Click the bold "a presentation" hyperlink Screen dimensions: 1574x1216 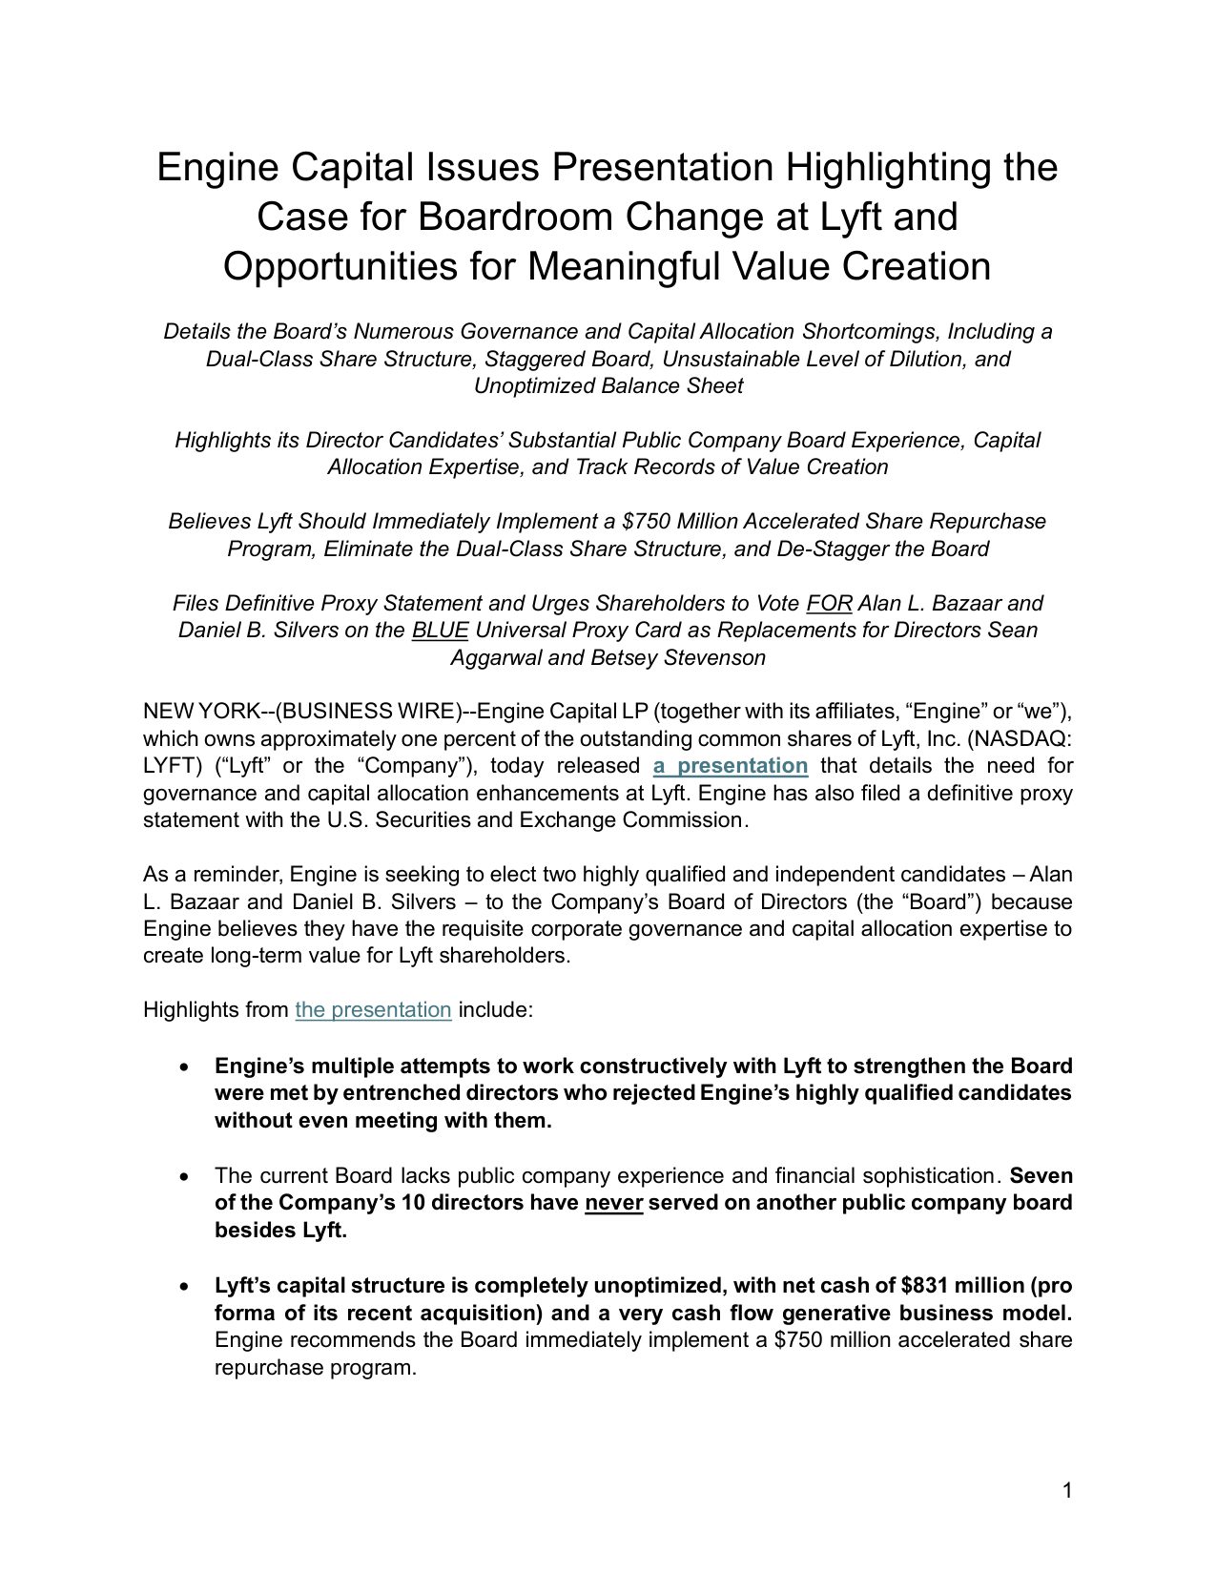point(731,766)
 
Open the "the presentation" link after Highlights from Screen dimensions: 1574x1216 point(373,1010)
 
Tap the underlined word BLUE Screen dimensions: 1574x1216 point(440,631)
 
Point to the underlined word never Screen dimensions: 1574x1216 point(613,1203)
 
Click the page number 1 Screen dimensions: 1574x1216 point(1067,1491)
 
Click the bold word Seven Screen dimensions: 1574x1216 point(1041,1176)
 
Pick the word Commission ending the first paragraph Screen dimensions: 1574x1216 point(683,820)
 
